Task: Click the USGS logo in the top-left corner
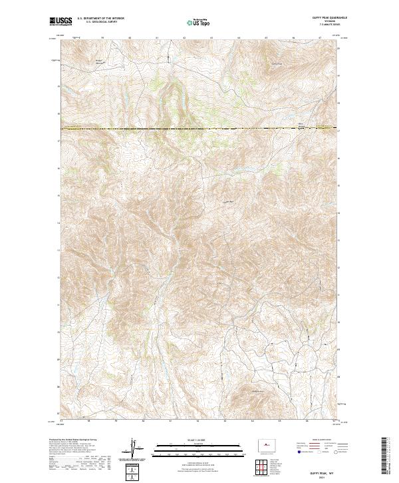tap(57, 22)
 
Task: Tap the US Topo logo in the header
tap(194, 23)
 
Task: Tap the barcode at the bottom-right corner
tap(388, 456)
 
